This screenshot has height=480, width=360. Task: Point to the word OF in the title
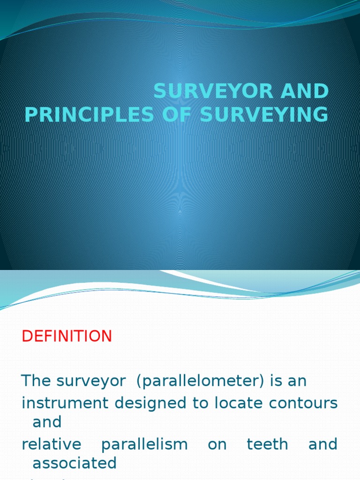point(177,115)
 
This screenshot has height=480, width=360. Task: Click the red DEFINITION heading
point(67,336)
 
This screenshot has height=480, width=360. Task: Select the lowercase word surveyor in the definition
point(90,381)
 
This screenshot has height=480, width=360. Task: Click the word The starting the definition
point(37,381)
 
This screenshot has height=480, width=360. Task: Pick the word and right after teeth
point(322,444)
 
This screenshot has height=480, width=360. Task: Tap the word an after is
point(297,381)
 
